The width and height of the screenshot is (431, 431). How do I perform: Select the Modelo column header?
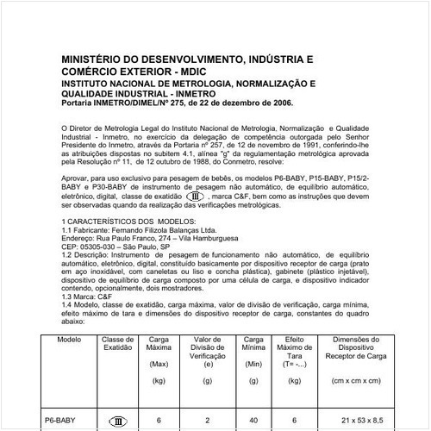point(68,340)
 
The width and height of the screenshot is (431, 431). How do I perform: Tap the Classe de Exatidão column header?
point(118,344)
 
